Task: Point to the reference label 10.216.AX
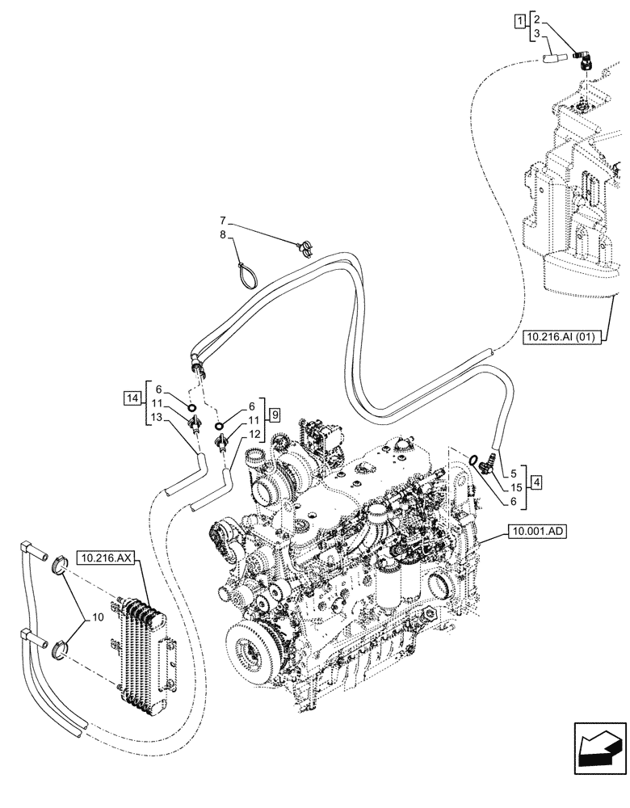pos(110,558)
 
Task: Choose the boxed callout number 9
pos(275,415)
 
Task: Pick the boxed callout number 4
pos(537,485)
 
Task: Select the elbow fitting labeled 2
pos(581,57)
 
